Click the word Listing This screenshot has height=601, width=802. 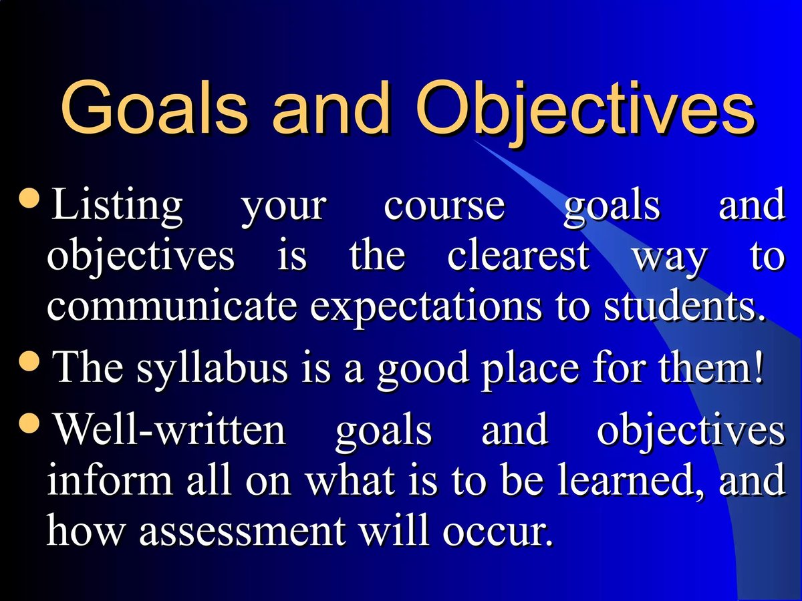point(117,206)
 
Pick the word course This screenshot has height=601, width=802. point(444,206)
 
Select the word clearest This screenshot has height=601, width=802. point(519,256)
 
